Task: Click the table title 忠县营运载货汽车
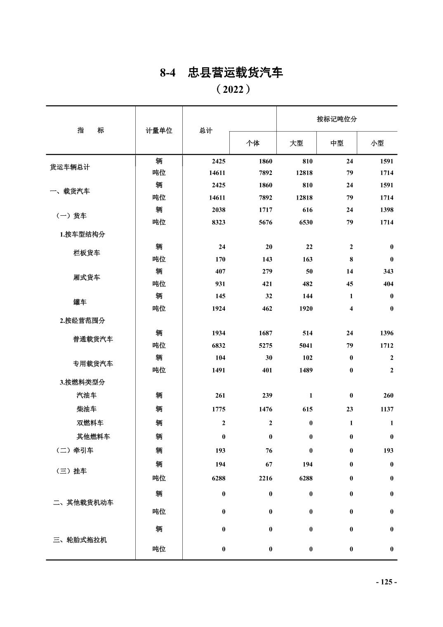point(236,73)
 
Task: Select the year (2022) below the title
point(233,90)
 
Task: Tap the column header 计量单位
point(159,130)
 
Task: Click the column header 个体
point(253,143)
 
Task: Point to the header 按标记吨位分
point(337,119)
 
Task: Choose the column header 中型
point(337,143)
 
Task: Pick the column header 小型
point(377,143)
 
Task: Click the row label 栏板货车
point(87,253)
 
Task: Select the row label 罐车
point(80,302)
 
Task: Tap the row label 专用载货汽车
point(93,364)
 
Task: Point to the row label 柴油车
point(87,409)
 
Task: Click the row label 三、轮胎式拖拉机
point(80,540)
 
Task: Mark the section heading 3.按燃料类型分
point(82,382)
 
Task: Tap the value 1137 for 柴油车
point(386,409)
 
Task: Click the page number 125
point(386,582)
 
